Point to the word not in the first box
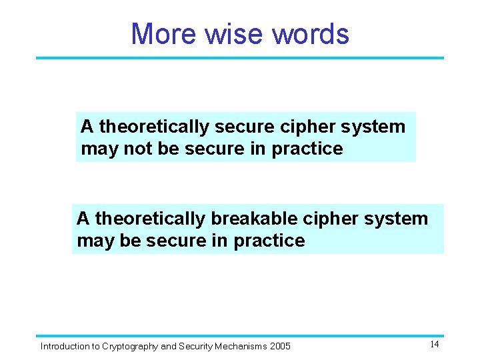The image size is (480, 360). click(x=136, y=149)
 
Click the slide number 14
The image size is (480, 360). click(x=434, y=344)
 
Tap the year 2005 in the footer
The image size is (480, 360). click(x=280, y=346)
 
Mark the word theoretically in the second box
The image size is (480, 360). click(x=152, y=219)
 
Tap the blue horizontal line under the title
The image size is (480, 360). click(x=240, y=58)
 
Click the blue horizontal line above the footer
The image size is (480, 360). click(x=240, y=335)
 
